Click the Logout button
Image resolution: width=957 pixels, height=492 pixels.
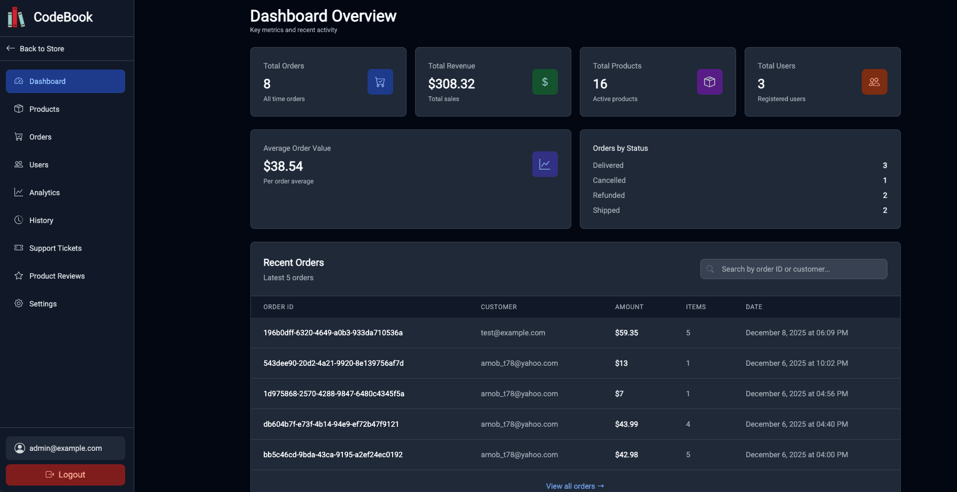(x=65, y=475)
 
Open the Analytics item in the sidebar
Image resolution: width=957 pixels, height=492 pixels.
(x=44, y=193)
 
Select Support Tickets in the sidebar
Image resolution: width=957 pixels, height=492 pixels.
(x=55, y=248)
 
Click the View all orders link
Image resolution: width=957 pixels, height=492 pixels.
(x=575, y=486)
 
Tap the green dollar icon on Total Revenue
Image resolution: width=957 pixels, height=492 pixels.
(x=545, y=82)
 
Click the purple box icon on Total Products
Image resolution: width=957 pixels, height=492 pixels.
(x=709, y=82)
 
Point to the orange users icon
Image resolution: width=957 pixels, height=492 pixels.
(x=874, y=82)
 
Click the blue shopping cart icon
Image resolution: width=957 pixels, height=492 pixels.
(x=380, y=82)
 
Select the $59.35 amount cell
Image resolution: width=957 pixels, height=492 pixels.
(x=626, y=333)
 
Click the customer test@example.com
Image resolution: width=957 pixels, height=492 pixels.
(x=512, y=333)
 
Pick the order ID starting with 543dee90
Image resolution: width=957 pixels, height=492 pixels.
(x=333, y=363)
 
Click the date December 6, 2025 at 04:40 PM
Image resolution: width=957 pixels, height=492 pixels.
(x=797, y=424)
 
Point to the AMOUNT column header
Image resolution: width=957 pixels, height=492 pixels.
(x=629, y=307)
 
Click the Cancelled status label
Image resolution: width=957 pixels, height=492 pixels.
(x=609, y=180)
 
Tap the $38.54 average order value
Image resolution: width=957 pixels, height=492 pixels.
(x=283, y=166)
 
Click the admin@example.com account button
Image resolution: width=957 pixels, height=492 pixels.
(x=65, y=448)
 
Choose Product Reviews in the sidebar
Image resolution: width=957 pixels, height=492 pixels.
(x=57, y=276)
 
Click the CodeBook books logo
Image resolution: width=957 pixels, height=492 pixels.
(x=16, y=17)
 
